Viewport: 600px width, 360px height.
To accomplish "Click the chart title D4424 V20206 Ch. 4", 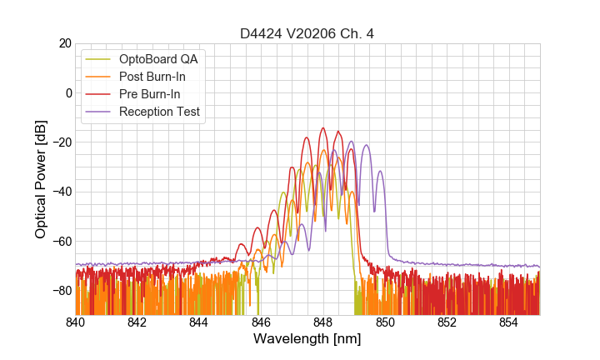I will pos(307,34).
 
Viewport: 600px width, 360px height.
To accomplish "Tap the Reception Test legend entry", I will pos(166,112).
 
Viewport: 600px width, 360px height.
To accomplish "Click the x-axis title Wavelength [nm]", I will pos(307,340).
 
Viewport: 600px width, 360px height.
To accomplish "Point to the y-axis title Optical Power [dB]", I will pos(41,179).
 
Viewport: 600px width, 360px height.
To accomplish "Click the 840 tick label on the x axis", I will pos(76,323).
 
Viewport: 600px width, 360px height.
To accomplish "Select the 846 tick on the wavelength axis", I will pos(261,323).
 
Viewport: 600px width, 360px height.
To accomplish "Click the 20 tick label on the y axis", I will pos(63,43).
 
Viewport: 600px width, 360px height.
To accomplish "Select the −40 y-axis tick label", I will pos(60,192).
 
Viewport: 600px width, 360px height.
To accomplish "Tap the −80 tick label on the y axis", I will pos(60,291).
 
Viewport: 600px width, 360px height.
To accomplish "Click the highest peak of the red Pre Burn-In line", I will pos(323,128).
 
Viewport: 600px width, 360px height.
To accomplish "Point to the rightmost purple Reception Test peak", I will pos(380,172).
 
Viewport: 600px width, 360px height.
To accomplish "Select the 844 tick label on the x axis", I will pos(199,323).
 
